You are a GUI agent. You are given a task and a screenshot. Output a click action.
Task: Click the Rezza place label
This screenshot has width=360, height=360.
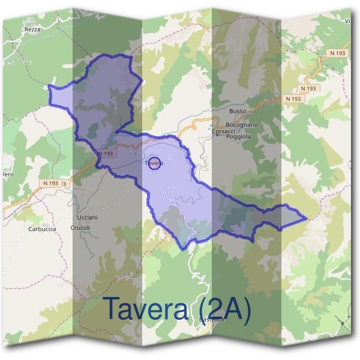click(32, 29)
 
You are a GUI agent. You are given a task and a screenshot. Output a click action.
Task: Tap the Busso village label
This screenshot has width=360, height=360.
click(238, 112)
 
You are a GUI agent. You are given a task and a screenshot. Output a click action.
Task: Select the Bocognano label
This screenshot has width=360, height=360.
click(244, 125)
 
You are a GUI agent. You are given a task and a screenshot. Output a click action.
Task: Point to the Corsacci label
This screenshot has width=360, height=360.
click(223, 131)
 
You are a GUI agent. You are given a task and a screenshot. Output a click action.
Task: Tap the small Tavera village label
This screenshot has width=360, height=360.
click(154, 163)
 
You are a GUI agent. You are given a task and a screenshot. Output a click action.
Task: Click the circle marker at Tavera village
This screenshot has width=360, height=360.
click(154, 163)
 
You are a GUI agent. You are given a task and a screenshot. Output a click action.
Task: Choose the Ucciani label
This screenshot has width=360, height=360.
click(88, 217)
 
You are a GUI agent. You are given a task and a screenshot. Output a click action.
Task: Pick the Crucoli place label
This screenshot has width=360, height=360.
click(80, 228)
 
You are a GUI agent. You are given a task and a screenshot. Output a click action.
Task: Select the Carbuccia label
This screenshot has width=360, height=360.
click(42, 229)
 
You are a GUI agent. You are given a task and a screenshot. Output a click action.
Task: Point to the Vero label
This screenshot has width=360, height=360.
click(7, 175)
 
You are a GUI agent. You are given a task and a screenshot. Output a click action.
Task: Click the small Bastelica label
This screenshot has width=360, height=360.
click(211, 320)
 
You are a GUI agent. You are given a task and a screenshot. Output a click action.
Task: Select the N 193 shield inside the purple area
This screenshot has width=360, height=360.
click(105, 154)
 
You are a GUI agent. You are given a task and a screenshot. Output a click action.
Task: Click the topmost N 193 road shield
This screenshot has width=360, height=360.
click(338, 53)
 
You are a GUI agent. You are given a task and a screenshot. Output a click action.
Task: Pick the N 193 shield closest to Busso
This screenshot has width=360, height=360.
click(293, 98)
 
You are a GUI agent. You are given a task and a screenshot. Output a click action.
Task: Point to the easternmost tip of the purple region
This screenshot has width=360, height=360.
click(307, 218)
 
